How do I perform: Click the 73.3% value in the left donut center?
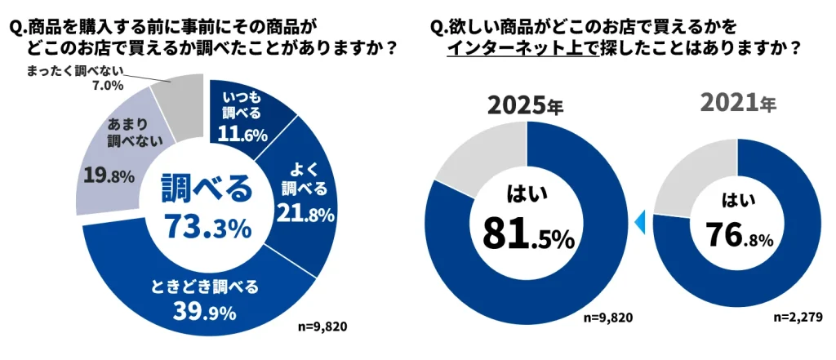point(207,228)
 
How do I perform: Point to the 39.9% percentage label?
point(203,311)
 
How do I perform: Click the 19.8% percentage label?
point(109,174)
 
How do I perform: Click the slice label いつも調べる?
point(242,104)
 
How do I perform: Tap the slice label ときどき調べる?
point(205,287)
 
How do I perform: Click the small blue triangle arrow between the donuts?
point(640,220)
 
